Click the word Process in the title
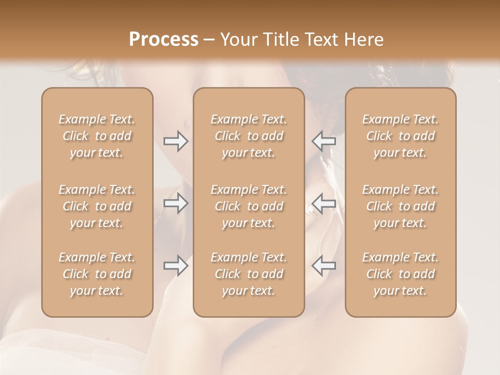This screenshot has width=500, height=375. click(164, 40)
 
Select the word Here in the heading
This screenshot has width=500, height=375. click(364, 40)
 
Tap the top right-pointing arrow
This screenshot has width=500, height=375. click(176, 142)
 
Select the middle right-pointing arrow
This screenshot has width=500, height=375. click(176, 203)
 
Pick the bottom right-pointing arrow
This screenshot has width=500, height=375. click(176, 266)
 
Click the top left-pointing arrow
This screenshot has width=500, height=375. click(324, 142)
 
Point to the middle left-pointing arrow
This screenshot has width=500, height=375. click(324, 203)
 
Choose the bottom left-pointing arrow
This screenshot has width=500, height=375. click(324, 266)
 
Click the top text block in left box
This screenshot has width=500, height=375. click(97, 136)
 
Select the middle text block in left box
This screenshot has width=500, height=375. click(97, 206)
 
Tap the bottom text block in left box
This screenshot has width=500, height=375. click(97, 274)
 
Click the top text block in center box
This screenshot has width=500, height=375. click(249, 136)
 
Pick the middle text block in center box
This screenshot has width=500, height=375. click(249, 206)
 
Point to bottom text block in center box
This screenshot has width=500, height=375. click(249, 274)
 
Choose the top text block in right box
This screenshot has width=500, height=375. click(401, 136)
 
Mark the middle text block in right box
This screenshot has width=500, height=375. click(401, 206)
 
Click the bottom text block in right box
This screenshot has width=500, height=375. click(401, 274)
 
